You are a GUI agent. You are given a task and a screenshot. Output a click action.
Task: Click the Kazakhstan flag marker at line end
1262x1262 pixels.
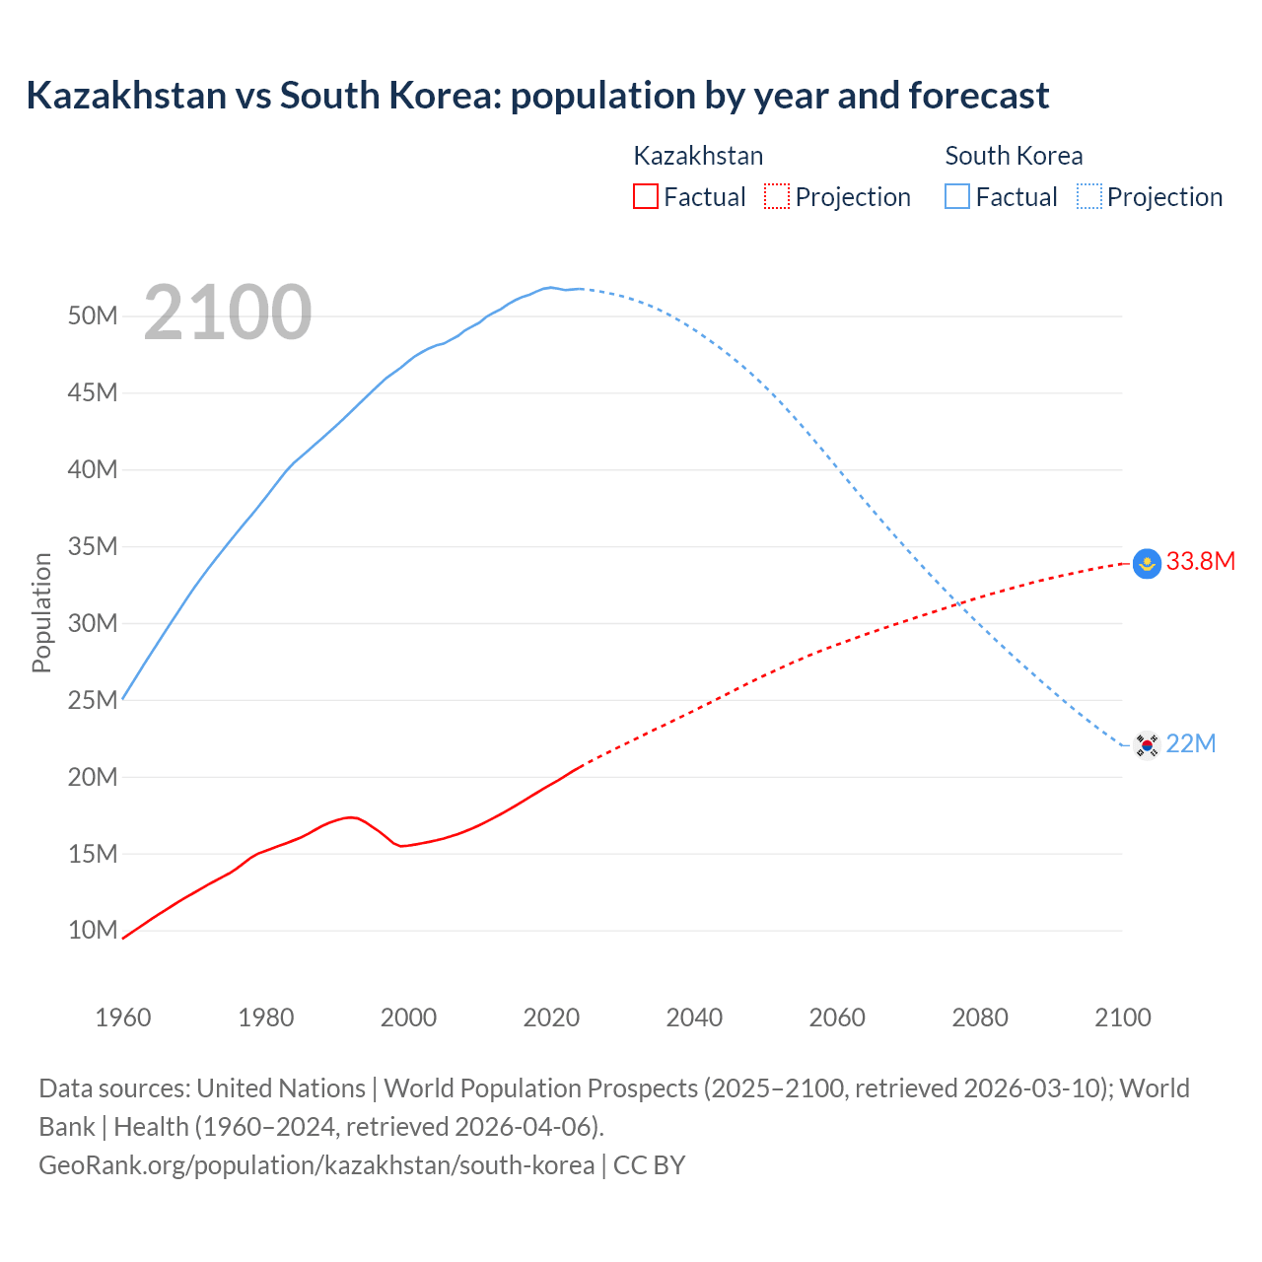pos(1147,563)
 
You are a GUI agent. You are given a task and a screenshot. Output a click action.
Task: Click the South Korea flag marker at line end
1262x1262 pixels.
pos(1147,744)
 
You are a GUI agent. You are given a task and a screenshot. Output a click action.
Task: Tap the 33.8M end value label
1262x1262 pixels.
pos(1200,562)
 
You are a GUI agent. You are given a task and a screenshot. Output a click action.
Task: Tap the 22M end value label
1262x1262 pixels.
pos(1190,744)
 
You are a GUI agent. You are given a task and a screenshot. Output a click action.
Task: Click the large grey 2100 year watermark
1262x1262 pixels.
pos(227,314)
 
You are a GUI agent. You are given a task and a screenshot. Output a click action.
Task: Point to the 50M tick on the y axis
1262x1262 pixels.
pos(93,316)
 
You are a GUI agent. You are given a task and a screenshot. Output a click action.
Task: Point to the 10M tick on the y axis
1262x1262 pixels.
pos(93,931)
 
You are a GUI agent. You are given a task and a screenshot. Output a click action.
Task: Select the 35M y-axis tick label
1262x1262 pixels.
pos(93,547)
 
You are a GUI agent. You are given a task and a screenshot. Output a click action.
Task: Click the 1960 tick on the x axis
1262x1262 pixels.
pos(123,1017)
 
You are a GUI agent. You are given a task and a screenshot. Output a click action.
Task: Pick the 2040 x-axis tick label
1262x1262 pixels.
pos(694,1017)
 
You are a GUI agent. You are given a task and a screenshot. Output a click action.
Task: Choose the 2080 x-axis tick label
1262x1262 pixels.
pos(980,1017)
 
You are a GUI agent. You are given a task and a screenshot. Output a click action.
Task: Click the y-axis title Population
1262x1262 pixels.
pos(41,612)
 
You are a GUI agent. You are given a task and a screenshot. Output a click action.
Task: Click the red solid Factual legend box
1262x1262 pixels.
pos(645,197)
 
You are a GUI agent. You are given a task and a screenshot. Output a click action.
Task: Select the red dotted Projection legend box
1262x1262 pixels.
pos(777,197)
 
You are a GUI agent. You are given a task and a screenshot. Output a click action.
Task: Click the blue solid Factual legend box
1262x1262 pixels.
pos(957,197)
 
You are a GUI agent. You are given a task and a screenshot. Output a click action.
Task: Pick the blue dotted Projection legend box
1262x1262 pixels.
pos(1089,197)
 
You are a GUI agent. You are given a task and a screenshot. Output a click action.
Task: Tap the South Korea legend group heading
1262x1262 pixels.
pos(1014,156)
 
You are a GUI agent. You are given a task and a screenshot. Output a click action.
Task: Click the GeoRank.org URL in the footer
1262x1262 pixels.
pos(316,1165)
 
